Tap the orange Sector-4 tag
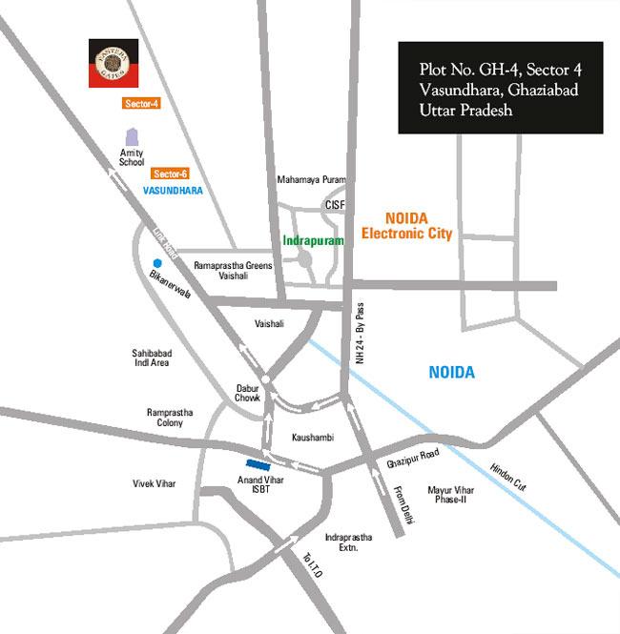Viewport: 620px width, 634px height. click(140, 103)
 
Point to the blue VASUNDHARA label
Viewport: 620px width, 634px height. click(173, 191)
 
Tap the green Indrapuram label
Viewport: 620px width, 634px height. click(313, 241)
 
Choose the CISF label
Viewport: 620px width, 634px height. click(335, 204)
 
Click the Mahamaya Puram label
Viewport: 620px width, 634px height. click(311, 179)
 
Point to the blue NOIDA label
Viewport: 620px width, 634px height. click(451, 373)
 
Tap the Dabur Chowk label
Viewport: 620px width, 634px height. click(248, 394)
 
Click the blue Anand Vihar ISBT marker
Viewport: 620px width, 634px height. click(272, 462)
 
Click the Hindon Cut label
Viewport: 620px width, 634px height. click(506, 476)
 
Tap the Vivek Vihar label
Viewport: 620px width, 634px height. click(155, 484)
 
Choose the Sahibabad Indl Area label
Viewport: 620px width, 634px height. click(151, 358)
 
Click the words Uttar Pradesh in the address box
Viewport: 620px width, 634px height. click(466, 111)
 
